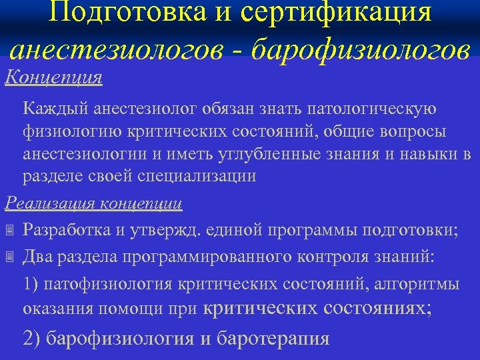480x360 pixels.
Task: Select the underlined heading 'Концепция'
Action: [x=53, y=77]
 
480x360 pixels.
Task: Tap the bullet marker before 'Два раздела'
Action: [x=9, y=256]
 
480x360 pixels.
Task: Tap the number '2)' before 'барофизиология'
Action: [x=32, y=338]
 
